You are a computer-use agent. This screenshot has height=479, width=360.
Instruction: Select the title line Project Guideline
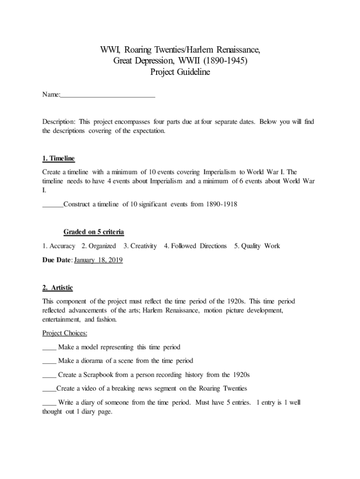(x=180, y=72)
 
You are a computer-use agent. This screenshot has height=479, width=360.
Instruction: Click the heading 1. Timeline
(x=58, y=159)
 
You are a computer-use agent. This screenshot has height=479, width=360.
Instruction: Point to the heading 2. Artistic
(x=58, y=287)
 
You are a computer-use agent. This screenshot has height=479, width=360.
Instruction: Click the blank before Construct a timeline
(x=52, y=204)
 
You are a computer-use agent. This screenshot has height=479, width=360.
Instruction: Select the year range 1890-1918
(x=221, y=204)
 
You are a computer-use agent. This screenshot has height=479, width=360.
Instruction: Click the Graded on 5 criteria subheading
(x=94, y=232)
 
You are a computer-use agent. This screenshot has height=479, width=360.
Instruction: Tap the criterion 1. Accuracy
(x=58, y=246)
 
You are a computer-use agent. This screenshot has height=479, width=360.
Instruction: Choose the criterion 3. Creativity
(x=140, y=246)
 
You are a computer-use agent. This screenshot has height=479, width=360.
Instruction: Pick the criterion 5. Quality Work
(x=257, y=246)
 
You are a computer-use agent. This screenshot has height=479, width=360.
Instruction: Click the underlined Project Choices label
(x=65, y=333)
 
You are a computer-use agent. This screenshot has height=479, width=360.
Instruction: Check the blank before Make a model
(x=49, y=348)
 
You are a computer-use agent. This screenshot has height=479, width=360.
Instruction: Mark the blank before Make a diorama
(x=49, y=361)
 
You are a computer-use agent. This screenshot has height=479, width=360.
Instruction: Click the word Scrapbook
(x=100, y=375)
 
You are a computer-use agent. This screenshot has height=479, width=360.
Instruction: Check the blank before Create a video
(x=49, y=389)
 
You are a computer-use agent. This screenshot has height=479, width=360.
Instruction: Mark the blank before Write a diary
(x=49, y=402)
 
